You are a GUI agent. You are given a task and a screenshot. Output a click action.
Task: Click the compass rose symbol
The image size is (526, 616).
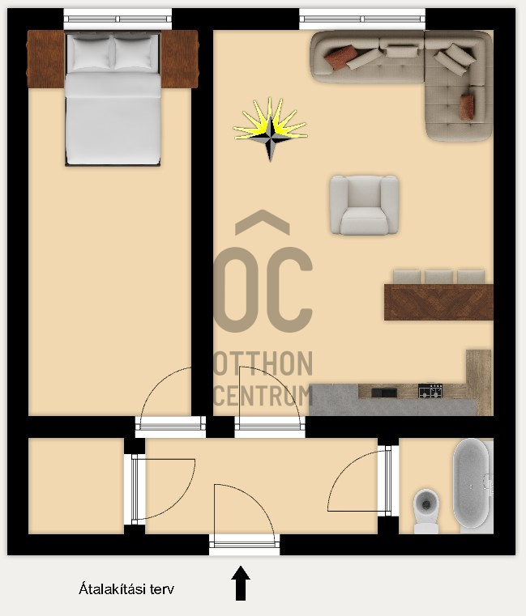pos(271,130)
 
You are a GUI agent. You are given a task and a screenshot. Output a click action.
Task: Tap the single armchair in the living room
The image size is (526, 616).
pos(364,205)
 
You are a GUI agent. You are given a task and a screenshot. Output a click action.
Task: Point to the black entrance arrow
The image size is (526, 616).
pos(241,583)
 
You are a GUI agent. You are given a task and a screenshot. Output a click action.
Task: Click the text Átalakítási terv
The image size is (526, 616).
pos(126,589)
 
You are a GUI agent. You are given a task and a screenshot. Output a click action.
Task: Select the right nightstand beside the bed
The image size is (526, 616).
pos(180,58)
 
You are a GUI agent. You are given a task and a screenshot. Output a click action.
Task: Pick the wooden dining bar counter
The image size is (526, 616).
pos(438,302)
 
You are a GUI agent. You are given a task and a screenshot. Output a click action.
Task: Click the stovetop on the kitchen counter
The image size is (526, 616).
pos(430,391)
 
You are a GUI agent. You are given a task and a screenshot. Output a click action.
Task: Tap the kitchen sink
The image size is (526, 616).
pos(384,393)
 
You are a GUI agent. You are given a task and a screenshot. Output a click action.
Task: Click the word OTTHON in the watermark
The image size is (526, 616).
pos(263,364)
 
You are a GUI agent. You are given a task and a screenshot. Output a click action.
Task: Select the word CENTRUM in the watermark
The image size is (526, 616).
pos(263,396)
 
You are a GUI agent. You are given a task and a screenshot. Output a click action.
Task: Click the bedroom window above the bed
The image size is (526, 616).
pos(118,18)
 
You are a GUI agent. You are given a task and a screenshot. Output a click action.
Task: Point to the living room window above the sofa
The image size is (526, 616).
pos(362,18)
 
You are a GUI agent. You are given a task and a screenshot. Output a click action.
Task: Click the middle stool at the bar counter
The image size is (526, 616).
pos(439,277)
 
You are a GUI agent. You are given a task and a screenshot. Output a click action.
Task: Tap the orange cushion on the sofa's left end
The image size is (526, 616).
pos(341,56)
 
